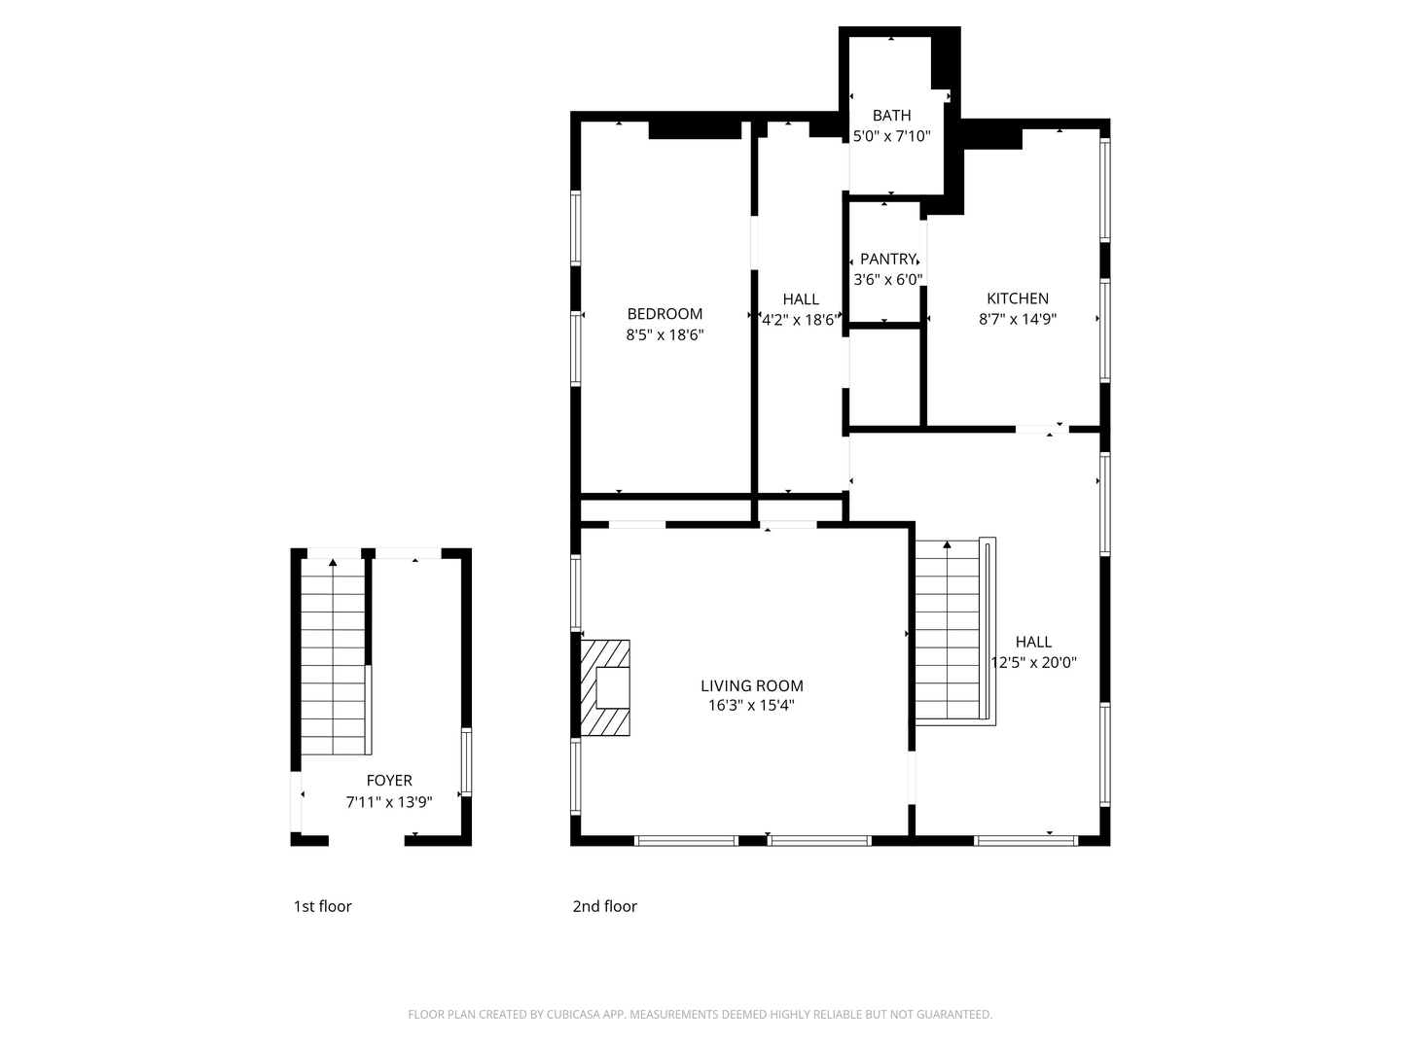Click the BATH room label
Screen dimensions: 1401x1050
pyautogui.click(x=891, y=116)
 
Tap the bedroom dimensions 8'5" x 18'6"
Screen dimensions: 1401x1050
pyautogui.click(x=665, y=334)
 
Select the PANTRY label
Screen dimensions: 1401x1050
pyautogui.click(x=887, y=259)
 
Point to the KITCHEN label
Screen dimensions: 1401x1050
pyautogui.click(x=1018, y=298)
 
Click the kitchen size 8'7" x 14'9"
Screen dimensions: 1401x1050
pyautogui.click(x=1018, y=319)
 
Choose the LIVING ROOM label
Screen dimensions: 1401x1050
pyautogui.click(x=752, y=686)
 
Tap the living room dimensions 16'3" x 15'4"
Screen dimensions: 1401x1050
pyautogui.click(x=751, y=706)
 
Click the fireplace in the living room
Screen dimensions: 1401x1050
pyautogui.click(x=605, y=688)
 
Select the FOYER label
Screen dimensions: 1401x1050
pyautogui.click(x=389, y=781)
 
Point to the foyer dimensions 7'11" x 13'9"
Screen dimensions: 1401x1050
pyautogui.click(x=389, y=802)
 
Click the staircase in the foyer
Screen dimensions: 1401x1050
pyautogui.click(x=333, y=656)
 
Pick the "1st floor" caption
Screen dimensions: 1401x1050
pyautogui.click(x=322, y=906)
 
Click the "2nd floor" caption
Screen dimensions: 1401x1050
pyautogui.click(x=604, y=906)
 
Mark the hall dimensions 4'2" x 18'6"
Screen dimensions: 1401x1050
pyautogui.click(x=799, y=320)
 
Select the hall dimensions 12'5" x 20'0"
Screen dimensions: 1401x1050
pyautogui.click(x=1033, y=662)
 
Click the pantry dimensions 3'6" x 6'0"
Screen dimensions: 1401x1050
pyautogui.click(x=888, y=280)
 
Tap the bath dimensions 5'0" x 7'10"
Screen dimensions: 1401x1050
pyautogui.click(x=891, y=136)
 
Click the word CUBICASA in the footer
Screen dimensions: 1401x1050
pyautogui.click(x=574, y=1014)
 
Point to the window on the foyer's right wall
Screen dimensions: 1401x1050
pyautogui.click(x=467, y=762)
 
